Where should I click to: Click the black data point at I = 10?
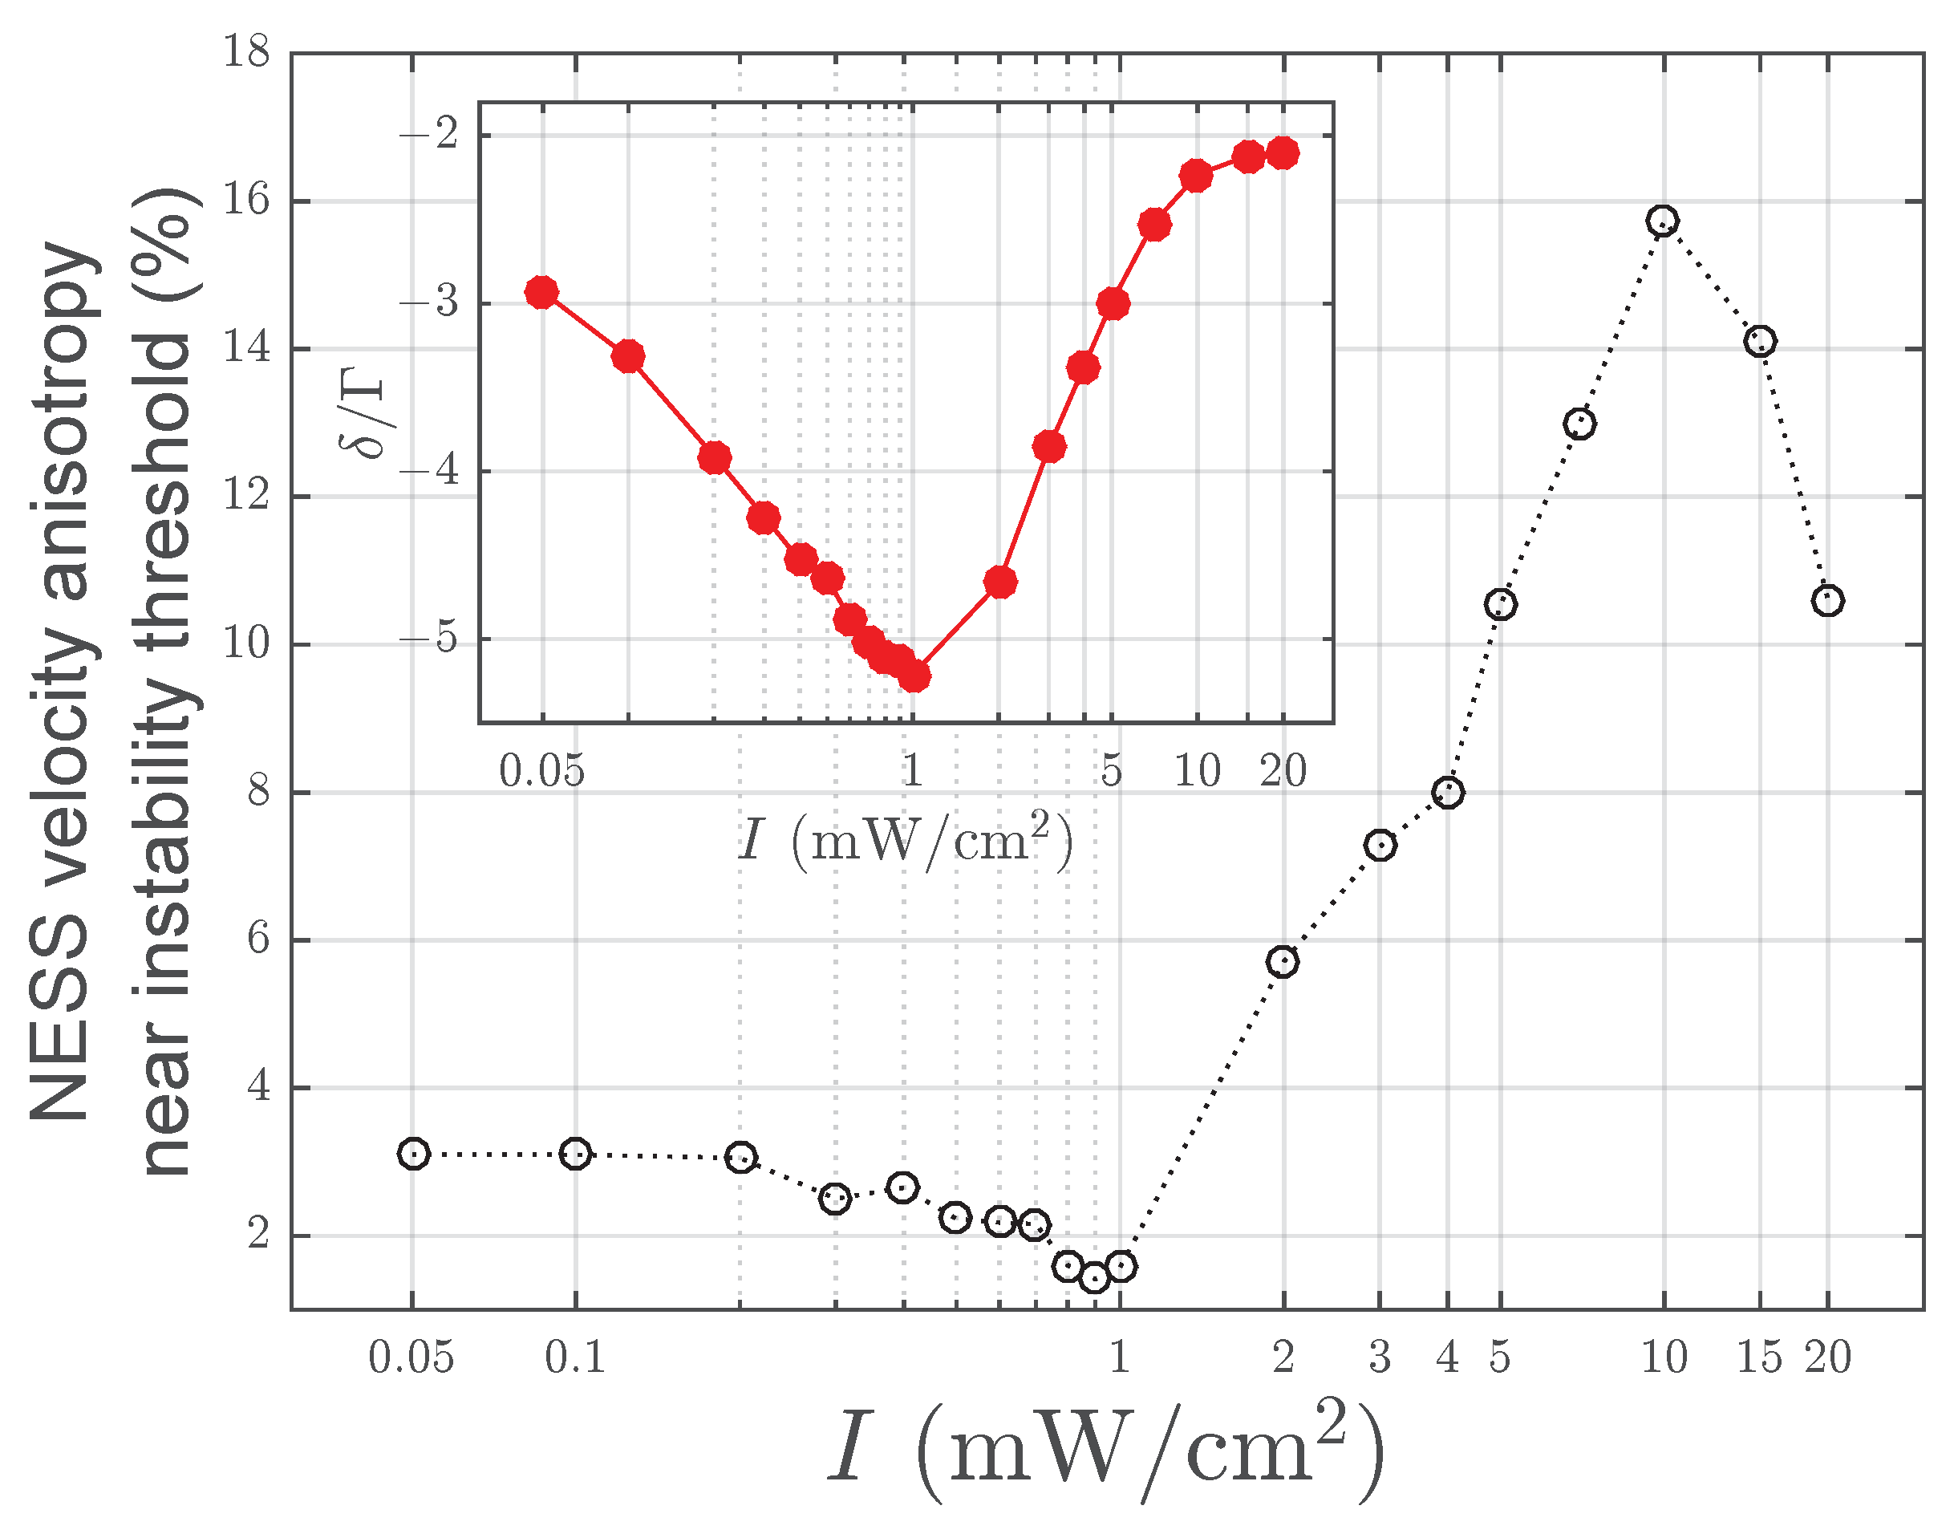click(x=1663, y=221)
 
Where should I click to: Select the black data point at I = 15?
click(x=1760, y=341)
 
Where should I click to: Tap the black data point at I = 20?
click(x=1826, y=600)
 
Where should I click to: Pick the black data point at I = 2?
click(x=1283, y=962)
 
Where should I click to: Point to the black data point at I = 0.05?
click(x=413, y=1154)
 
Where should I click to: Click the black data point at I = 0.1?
click(x=575, y=1154)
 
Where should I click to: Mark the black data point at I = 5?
click(x=1500, y=605)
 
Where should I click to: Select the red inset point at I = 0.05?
click(x=541, y=292)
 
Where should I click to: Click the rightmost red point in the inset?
click(x=1283, y=153)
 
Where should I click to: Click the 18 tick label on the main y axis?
click(x=246, y=52)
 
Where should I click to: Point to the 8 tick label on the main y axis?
click(x=258, y=792)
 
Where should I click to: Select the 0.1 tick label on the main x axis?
click(x=575, y=1358)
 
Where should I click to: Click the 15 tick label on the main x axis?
click(x=1760, y=1358)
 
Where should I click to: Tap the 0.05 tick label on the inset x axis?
click(x=541, y=771)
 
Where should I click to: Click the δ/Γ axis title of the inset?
click(x=363, y=412)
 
